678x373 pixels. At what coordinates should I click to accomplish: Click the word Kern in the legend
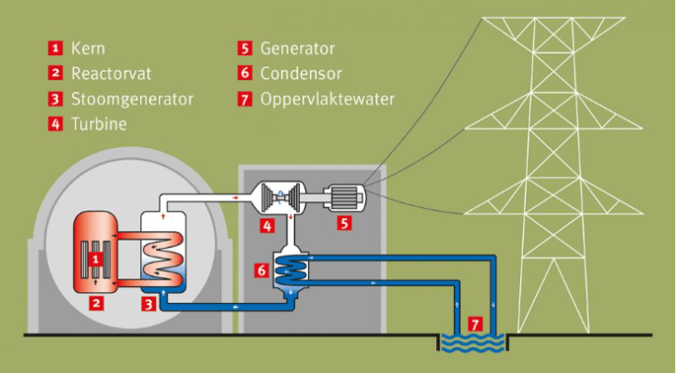87,47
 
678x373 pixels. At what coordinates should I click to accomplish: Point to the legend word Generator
297,47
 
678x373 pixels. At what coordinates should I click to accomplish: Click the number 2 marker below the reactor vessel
95,303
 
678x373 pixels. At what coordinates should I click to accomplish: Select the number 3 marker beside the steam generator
148,303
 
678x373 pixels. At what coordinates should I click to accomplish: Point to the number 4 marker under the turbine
267,226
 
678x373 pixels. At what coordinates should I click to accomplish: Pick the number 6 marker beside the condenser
261,270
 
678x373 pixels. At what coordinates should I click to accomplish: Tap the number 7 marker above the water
474,325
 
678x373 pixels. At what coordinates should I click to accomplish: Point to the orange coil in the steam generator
167,250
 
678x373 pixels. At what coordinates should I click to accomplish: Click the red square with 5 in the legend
245,47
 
